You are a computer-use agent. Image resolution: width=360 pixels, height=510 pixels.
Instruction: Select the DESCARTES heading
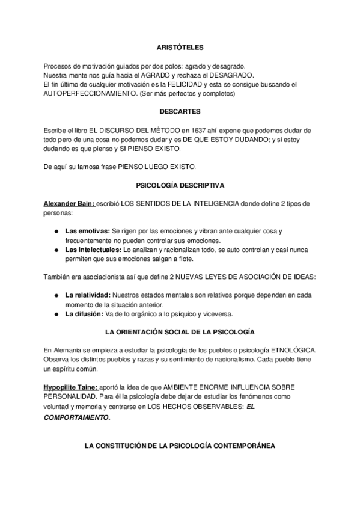pos(180,111)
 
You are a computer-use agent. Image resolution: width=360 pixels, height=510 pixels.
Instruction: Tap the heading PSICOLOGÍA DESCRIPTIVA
pos(180,186)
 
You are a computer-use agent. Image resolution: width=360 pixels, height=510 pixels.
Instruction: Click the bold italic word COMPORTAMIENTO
pos(77,416)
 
